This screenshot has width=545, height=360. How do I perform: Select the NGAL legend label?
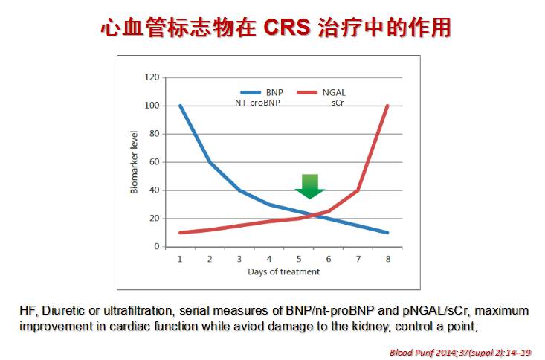click(335, 91)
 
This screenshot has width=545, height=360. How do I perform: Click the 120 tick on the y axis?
click(152, 77)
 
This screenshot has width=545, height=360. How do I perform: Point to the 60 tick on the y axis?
click(154, 162)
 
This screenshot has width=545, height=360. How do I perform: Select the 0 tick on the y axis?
click(156, 246)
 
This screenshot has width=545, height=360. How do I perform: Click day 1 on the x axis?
click(180, 258)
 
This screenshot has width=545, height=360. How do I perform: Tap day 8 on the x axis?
click(387, 258)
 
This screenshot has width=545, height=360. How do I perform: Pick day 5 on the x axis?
click(299, 258)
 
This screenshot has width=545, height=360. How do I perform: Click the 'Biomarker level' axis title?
click(135, 162)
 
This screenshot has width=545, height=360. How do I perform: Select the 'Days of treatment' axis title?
click(283, 271)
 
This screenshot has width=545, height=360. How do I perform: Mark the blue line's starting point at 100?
click(180, 106)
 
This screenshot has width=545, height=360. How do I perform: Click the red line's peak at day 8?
click(387, 106)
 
